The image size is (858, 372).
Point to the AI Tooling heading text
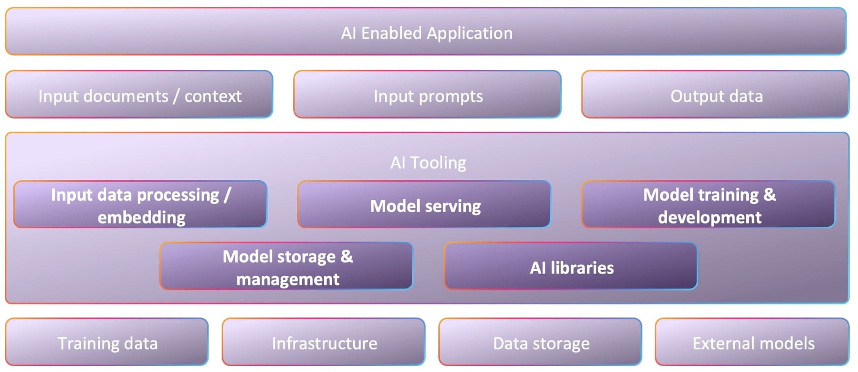click(x=428, y=162)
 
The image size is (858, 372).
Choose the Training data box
click(x=107, y=342)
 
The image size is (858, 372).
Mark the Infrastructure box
click(x=324, y=342)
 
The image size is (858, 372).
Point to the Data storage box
click(x=541, y=342)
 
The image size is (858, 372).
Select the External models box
click(x=753, y=342)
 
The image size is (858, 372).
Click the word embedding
click(x=142, y=217)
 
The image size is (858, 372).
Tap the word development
click(x=709, y=217)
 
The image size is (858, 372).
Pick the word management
click(x=288, y=279)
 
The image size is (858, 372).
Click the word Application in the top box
click(x=470, y=33)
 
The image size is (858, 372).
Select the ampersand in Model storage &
click(x=346, y=256)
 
